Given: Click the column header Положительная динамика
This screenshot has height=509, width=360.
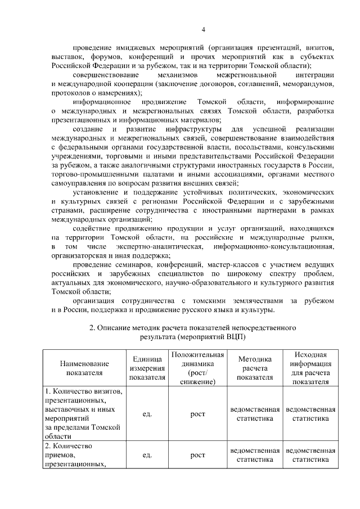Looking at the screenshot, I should coord(198,368).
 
